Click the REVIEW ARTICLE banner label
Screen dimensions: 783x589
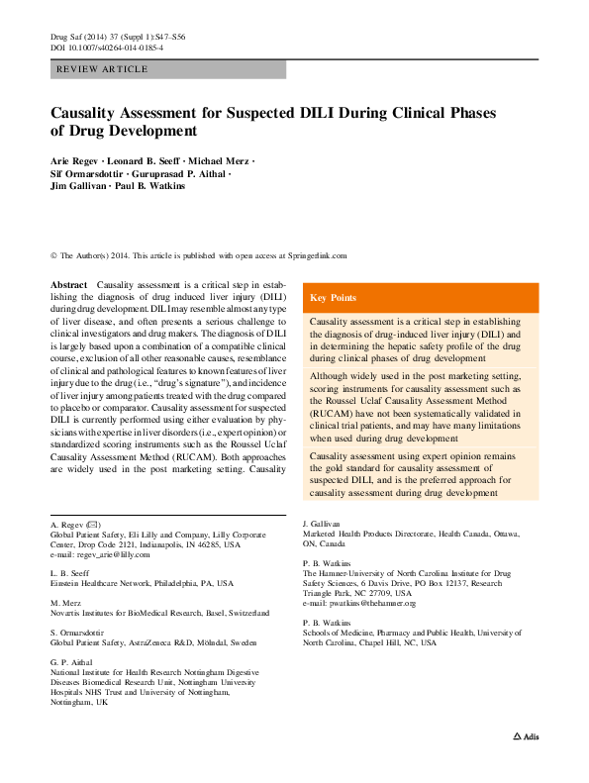pos(103,69)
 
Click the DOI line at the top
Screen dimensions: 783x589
pos(107,47)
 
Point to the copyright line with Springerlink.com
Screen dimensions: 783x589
pos(198,254)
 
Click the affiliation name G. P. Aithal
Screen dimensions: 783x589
pos(73,659)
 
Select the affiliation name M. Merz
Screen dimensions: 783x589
pos(65,602)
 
